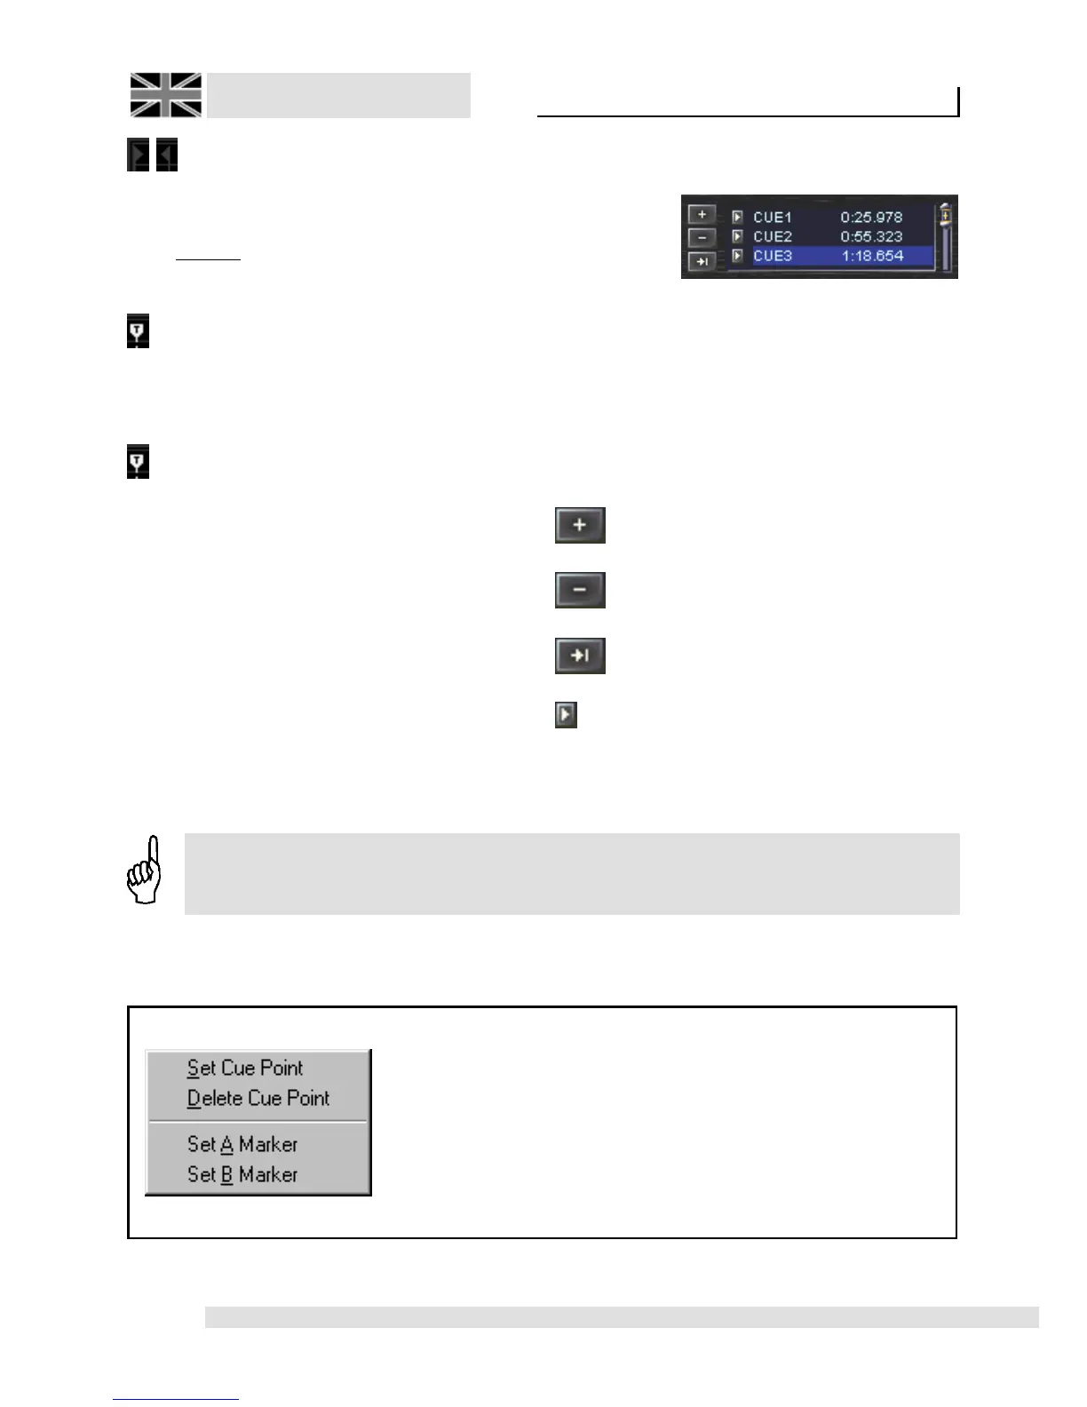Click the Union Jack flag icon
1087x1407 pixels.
point(166,95)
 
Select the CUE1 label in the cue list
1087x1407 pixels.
point(772,218)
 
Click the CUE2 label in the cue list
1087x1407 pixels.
point(772,237)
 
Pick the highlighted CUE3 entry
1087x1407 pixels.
point(773,256)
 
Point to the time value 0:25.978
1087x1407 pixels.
point(871,218)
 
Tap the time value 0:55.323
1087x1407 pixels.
point(871,237)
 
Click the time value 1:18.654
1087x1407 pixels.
point(872,256)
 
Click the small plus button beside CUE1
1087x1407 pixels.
point(702,215)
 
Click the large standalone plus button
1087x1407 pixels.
point(580,525)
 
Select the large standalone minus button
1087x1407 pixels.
point(580,590)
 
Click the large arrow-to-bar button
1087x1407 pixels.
point(580,656)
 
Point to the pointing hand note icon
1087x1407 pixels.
point(145,870)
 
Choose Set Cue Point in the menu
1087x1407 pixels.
point(245,1068)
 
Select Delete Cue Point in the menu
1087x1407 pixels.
point(258,1099)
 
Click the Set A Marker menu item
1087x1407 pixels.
point(242,1144)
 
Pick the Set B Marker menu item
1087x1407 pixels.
point(242,1174)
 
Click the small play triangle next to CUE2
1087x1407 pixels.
point(737,237)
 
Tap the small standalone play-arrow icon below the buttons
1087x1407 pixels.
point(566,714)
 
